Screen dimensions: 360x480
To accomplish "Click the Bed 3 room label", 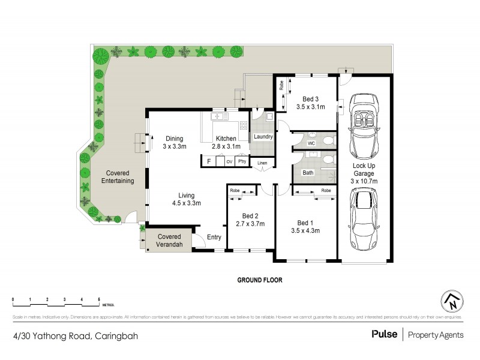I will (310, 99).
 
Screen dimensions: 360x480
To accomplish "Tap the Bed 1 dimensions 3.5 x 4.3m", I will (305, 230).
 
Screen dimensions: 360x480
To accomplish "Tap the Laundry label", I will (263, 137).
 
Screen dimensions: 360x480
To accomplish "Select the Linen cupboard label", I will (262, 163).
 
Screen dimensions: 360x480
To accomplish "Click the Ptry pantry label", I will (242, 161).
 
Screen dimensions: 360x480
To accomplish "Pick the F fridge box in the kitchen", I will (208, 161).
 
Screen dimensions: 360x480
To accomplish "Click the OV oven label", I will (229, 161).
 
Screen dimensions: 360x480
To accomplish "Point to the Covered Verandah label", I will (169, 240).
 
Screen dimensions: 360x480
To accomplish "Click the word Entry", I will (214, 238).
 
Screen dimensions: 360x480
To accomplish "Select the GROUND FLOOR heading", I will (259, 280).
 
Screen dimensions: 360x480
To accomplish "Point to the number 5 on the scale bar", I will (99, 298).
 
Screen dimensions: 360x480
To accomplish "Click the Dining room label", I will (175, 139).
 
